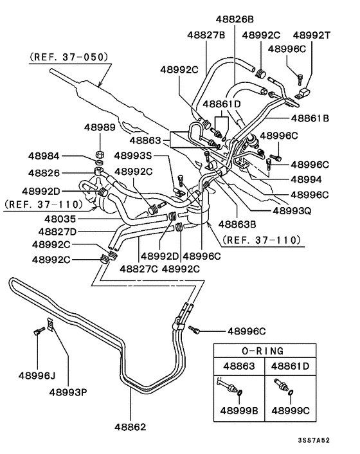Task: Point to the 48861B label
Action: point(310,118)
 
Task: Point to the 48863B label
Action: point(237,224)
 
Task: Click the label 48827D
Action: point(57,232)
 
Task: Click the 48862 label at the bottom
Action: point(132,426)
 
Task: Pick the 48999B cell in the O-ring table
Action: point(240,409)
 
